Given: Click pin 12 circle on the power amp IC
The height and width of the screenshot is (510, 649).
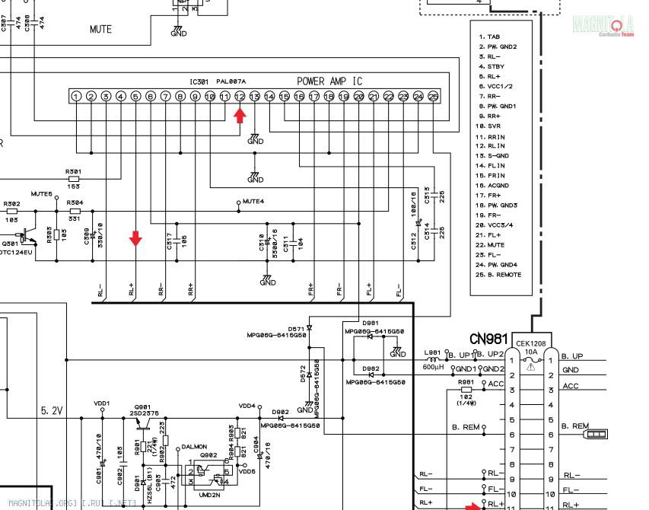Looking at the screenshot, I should [240, 97].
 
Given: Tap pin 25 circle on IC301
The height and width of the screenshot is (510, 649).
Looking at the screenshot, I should [433, 97].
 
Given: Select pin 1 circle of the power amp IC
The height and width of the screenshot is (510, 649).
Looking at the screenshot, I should [76, 97].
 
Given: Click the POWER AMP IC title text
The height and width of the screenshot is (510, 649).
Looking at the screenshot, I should [329, 81].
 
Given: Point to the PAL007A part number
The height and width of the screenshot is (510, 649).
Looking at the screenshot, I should [231, 81].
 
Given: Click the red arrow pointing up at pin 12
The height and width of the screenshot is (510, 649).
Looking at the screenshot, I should [240, 115].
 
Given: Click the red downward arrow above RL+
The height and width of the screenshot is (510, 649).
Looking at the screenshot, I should [135, 239].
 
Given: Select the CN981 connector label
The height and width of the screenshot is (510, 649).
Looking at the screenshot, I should [488, 337].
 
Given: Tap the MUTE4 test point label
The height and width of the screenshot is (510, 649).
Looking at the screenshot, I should [253, 202].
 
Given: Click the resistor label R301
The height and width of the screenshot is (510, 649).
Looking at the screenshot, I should [74, 171].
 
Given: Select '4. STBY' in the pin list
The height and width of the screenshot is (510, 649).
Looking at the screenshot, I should [490, 67].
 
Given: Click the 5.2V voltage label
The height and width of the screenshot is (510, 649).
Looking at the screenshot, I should [52, 410].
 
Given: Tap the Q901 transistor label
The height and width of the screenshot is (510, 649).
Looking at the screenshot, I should [142, 407].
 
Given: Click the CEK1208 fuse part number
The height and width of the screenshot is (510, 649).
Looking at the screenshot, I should [531, 345].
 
